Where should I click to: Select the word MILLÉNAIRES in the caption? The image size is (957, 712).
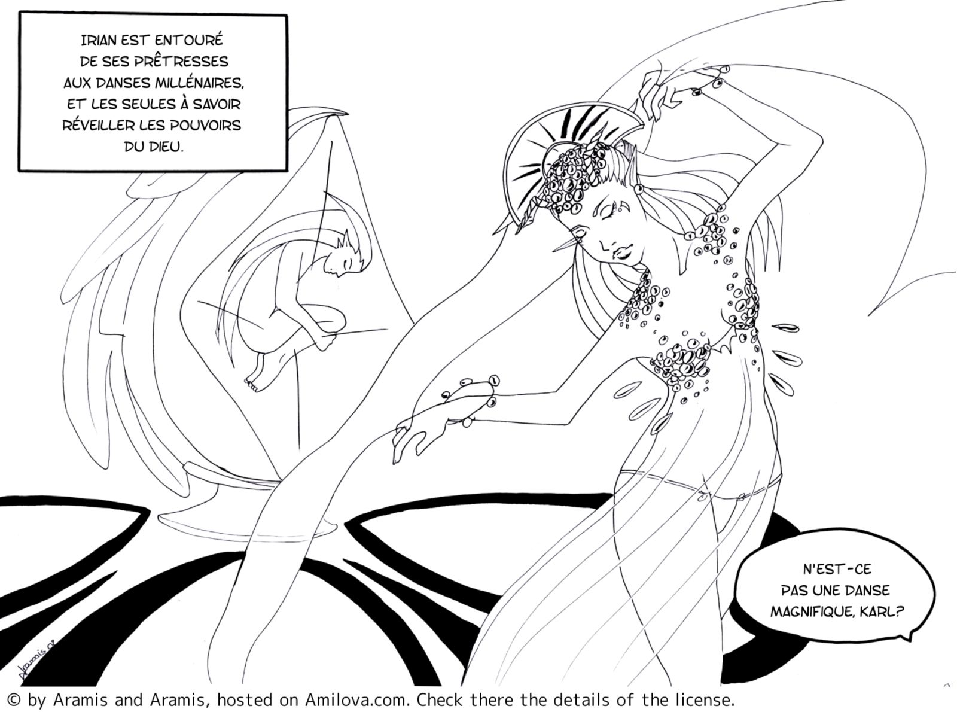pyautogui.click(x=199, y=83)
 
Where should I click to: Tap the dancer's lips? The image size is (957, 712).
pyautogui.click(x=620, y=254)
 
